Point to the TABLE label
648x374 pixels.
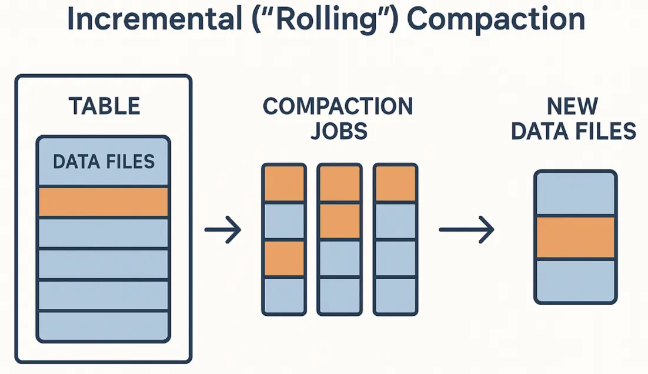104,106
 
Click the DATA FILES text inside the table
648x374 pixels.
103,161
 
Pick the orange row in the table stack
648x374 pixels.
103,202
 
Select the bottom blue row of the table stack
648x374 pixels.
103,325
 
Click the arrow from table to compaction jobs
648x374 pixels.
223,230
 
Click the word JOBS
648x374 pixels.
338,131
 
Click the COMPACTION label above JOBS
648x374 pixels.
338,106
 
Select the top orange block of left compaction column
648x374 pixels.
284,184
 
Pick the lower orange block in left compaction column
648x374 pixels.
284,259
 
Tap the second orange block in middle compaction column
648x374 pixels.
339,221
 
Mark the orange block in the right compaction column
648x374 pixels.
396,184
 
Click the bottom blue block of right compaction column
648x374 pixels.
396,295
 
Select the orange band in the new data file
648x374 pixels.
576,237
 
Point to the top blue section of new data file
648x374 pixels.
576,194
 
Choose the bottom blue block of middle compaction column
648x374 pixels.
339,295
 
